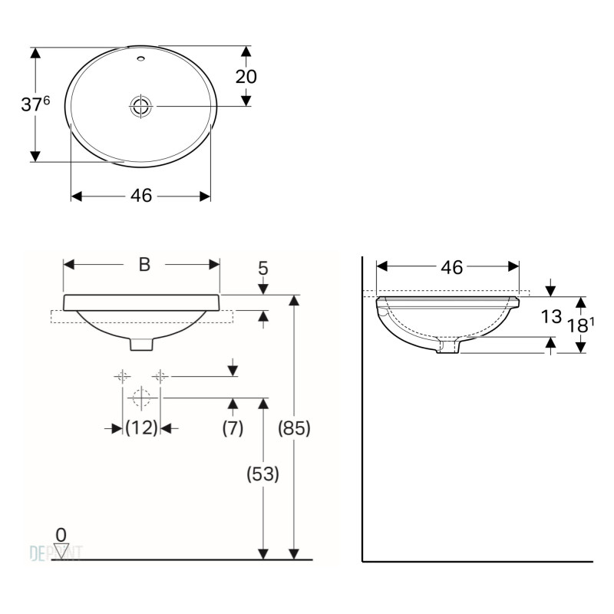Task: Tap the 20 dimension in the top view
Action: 246,76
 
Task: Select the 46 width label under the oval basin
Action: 140,196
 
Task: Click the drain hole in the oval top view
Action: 141,106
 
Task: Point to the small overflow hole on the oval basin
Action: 141,58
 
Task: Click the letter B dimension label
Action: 144,265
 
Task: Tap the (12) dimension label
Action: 141,428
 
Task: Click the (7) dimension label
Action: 233,428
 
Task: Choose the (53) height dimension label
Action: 262,474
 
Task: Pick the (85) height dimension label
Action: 293,428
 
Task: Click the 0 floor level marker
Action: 61,533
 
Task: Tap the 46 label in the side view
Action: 452,266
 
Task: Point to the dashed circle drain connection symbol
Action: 140,398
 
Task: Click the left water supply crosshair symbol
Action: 123,376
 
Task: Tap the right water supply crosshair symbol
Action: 160,376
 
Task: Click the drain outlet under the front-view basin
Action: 141,345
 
